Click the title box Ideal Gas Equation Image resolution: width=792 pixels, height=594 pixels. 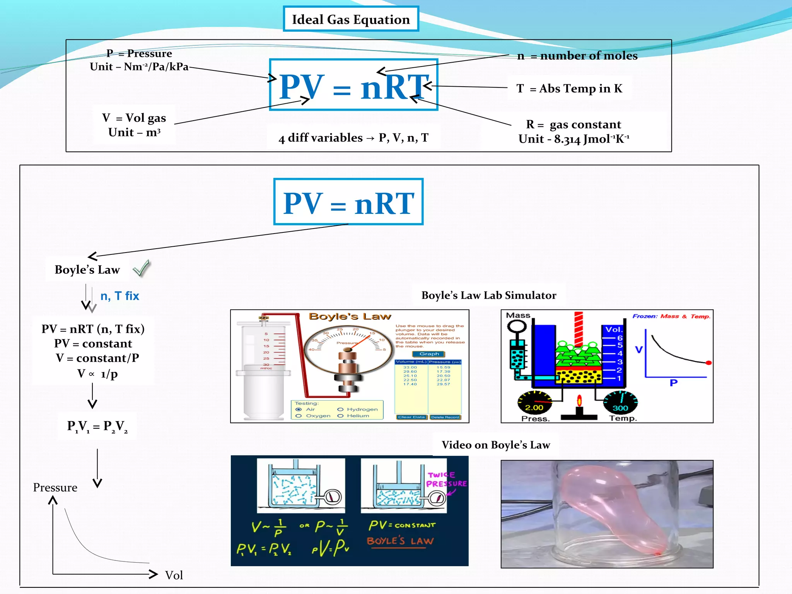coord(351,19)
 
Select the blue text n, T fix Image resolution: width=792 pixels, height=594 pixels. coord(119,296)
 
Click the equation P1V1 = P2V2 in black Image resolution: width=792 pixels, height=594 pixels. coord(97,426)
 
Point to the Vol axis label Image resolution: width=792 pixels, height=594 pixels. coord(174,575)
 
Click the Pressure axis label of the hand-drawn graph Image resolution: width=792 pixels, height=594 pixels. coord(55,487)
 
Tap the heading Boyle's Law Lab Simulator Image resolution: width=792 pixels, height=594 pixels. coord(488,295)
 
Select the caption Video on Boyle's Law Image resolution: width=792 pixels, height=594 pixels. coord(495,445)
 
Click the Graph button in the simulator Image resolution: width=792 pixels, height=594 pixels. coord(429,354)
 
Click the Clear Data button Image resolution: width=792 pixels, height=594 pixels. coord(411,417)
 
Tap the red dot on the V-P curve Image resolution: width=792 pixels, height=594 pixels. coord(708,363)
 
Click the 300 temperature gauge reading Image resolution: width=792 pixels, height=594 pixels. coord(620,408)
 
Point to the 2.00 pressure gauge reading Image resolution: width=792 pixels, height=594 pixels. coord(534,408)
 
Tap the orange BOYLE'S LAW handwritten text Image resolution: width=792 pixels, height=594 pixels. coord(400,541)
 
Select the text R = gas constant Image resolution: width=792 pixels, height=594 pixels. coord(573,125)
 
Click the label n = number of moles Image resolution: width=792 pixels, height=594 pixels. coord(577,56)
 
